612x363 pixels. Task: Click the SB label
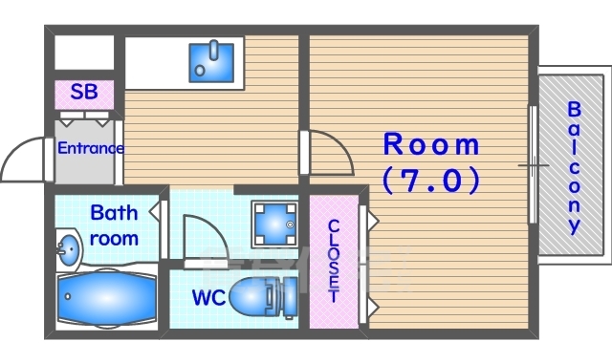point(84,92)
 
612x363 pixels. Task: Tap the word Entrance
point(91,148)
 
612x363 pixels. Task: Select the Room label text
point(431,144)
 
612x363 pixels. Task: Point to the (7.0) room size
point(431,180)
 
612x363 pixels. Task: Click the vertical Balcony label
point(574,168)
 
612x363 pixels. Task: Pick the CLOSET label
point(334,261)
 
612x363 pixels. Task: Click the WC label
point(208,298)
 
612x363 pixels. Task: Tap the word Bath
point(114,213)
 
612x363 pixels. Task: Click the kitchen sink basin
point(211,62)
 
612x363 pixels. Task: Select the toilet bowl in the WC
point(262,297)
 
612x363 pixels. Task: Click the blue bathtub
point(107,297)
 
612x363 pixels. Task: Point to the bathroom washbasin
point(68,249)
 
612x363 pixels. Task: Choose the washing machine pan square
point(274,224)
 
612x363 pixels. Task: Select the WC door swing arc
point(214,226)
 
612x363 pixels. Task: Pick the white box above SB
point(84,53)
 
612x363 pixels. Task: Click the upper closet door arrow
point(372,221)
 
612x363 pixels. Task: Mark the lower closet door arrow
point(372,307)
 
